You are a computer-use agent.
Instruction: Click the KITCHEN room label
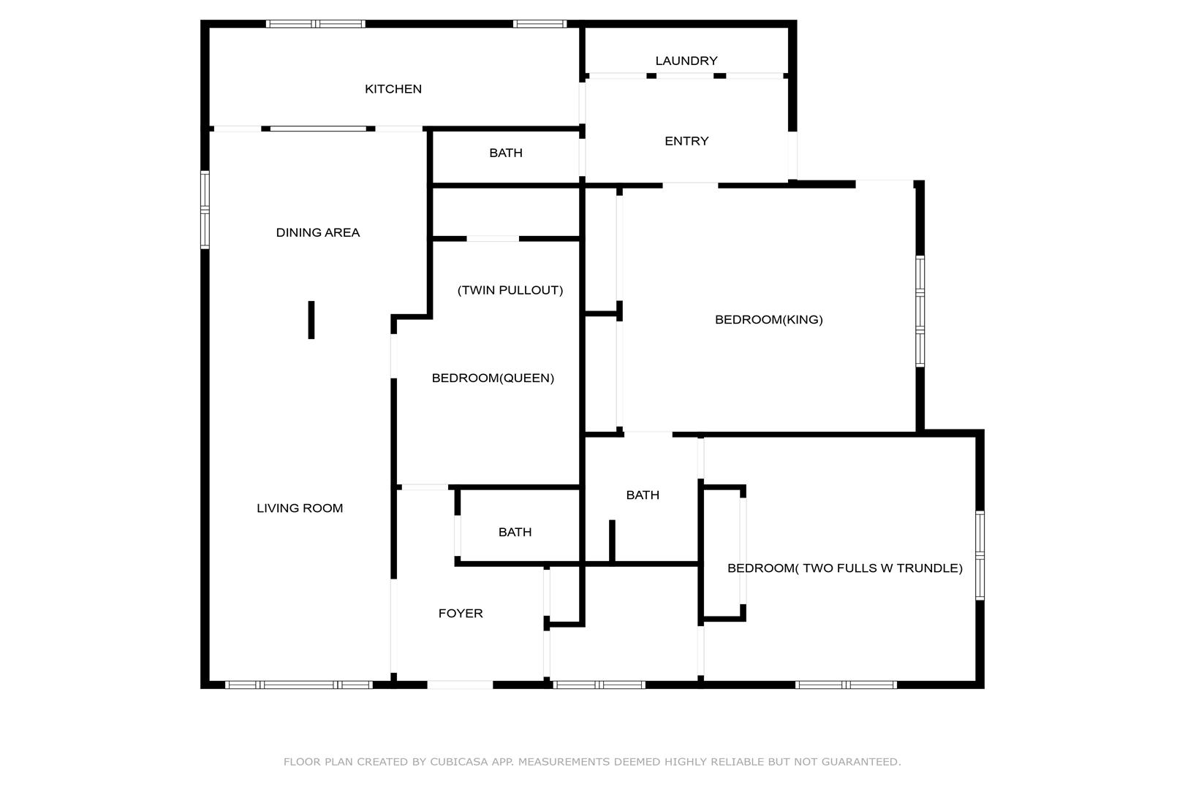(x=393, y=89)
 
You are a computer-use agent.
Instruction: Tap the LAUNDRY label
(x=686, y=61)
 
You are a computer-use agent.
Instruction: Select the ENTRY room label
(x=686, y=141)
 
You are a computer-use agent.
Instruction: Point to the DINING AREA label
(x=317, y=232)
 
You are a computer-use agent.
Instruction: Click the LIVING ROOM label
(x=300, y=508)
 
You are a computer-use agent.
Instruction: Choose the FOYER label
(x=461, y=614)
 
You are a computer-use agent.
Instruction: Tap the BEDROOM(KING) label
(x=768, y=319)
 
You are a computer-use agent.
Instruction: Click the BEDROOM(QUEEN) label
(x=493, y=378)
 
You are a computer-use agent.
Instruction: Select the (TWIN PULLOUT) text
(x=510, y=290)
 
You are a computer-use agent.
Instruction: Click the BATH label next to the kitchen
(x=506, y=153)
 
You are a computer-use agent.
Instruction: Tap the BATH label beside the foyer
(x=515, y=532)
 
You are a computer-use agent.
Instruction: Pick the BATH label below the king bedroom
(x=643, y=495)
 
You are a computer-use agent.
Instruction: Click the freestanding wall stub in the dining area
(x=311, y=320)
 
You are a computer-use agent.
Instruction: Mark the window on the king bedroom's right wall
(x=920, y=311)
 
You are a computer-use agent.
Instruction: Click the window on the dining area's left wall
(x=205, y=210)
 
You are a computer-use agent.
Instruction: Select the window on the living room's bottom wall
(x=299, y=685)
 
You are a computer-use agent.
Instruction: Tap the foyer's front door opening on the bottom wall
(x=460, y=685)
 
